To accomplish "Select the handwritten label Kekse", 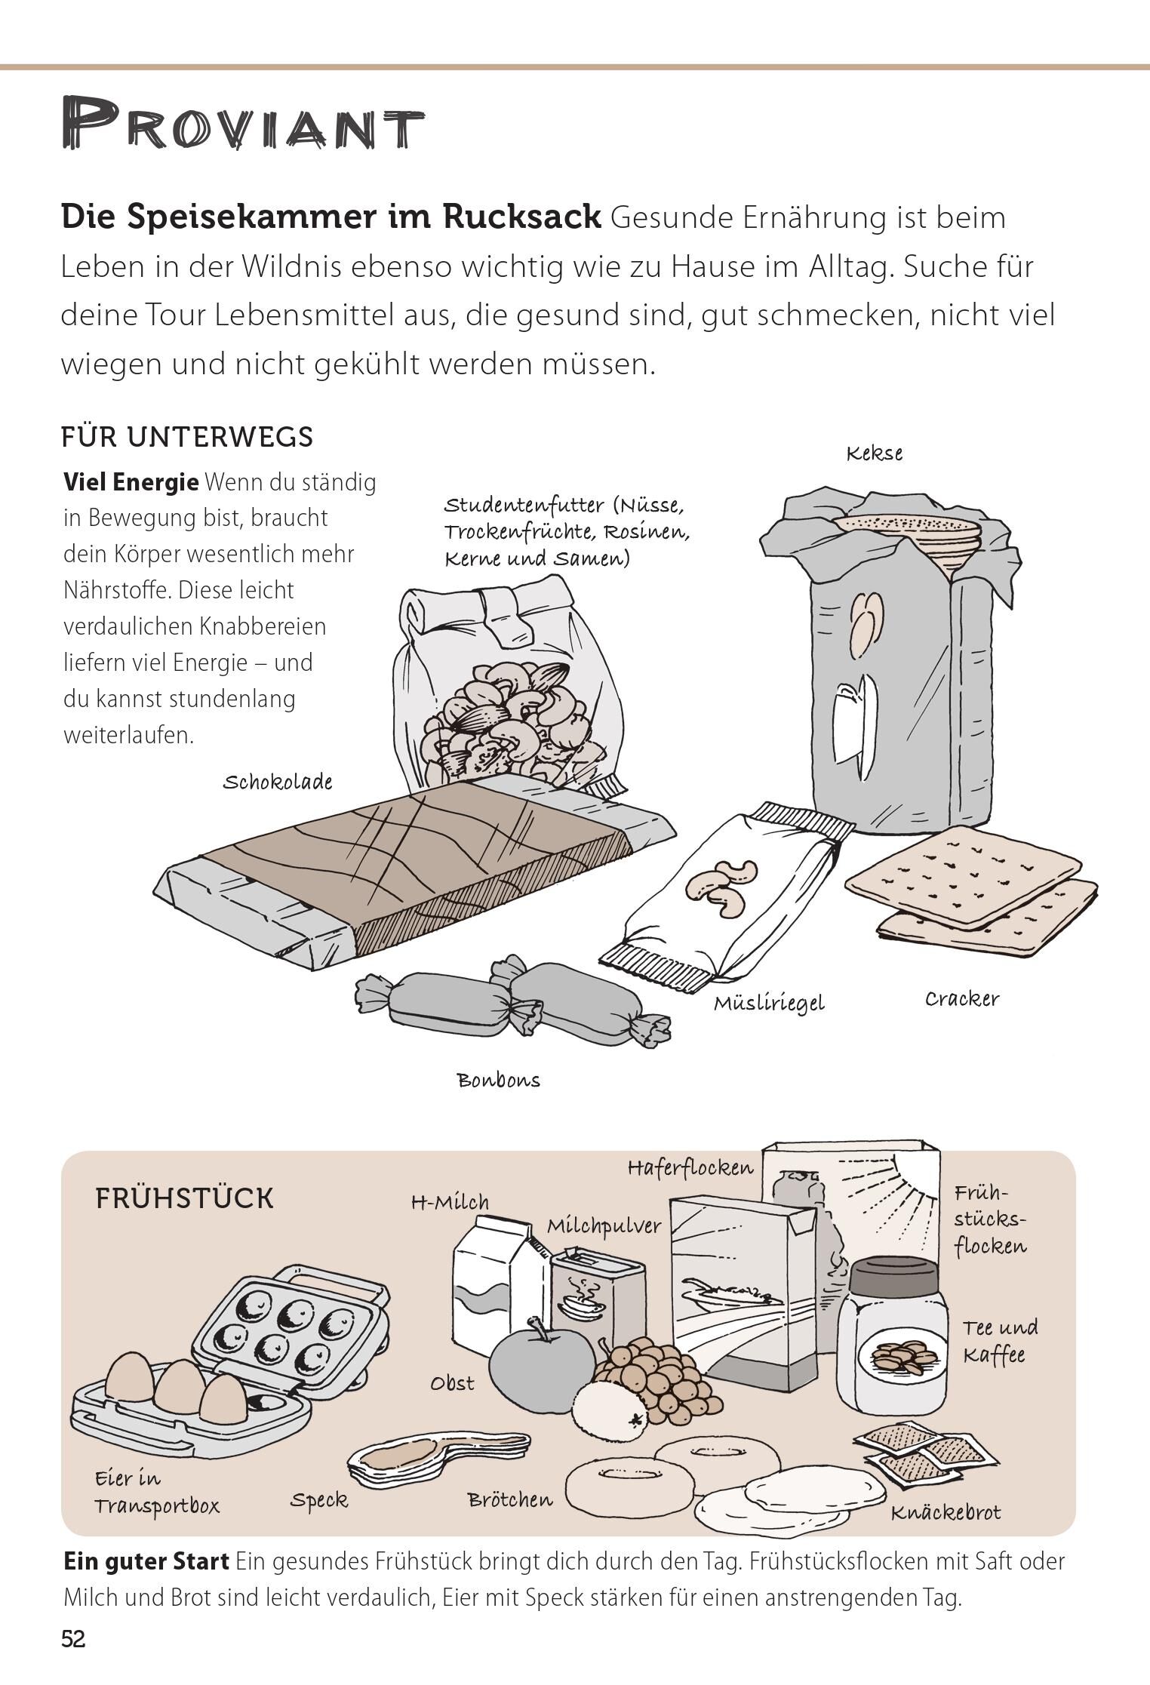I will pos(874,454).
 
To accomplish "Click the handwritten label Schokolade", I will pos(277,782).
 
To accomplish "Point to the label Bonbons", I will pos(499,1080).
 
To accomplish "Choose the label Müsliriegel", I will pos(769,1004).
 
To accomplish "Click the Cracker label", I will pos(961,998).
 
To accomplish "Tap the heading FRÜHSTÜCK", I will pos(184,1198).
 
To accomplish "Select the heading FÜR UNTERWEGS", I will pos(186,437).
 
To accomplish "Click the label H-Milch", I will pos(450,1202).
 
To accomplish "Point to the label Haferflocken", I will pos(690,1169).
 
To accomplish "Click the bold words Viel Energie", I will pos(131,481).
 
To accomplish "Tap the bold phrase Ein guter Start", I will pos(146,1562).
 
